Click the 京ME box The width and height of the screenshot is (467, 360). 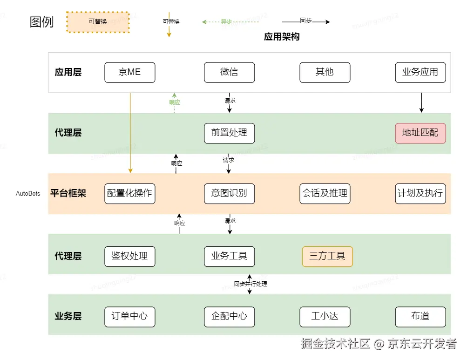point(130,72)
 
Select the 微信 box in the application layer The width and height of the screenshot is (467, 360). point(229,72)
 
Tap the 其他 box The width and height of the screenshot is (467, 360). point(325,72)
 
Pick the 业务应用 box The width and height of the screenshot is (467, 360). point(420,72)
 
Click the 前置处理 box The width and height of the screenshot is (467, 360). point(229,133)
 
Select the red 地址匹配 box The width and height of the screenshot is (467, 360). point(420,133)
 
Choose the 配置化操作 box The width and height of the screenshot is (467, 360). point(130,193)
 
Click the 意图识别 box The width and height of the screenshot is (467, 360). point(229,193)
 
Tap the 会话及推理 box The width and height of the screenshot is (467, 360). point(325,193)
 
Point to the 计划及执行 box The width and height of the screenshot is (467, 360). point(420,193)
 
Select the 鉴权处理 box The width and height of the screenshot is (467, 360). point(130,256)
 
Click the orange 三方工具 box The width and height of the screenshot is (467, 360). point(327,256)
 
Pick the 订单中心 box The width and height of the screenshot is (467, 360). point(130,316)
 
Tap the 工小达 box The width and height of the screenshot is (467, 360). point(325,316)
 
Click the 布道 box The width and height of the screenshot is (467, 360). point(420,316)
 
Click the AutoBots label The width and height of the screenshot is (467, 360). point(28,194)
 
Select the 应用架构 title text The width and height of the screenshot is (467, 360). point(282,37)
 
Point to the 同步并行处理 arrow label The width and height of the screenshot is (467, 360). point(250,284)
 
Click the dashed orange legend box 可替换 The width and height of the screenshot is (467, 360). point(98,21)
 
